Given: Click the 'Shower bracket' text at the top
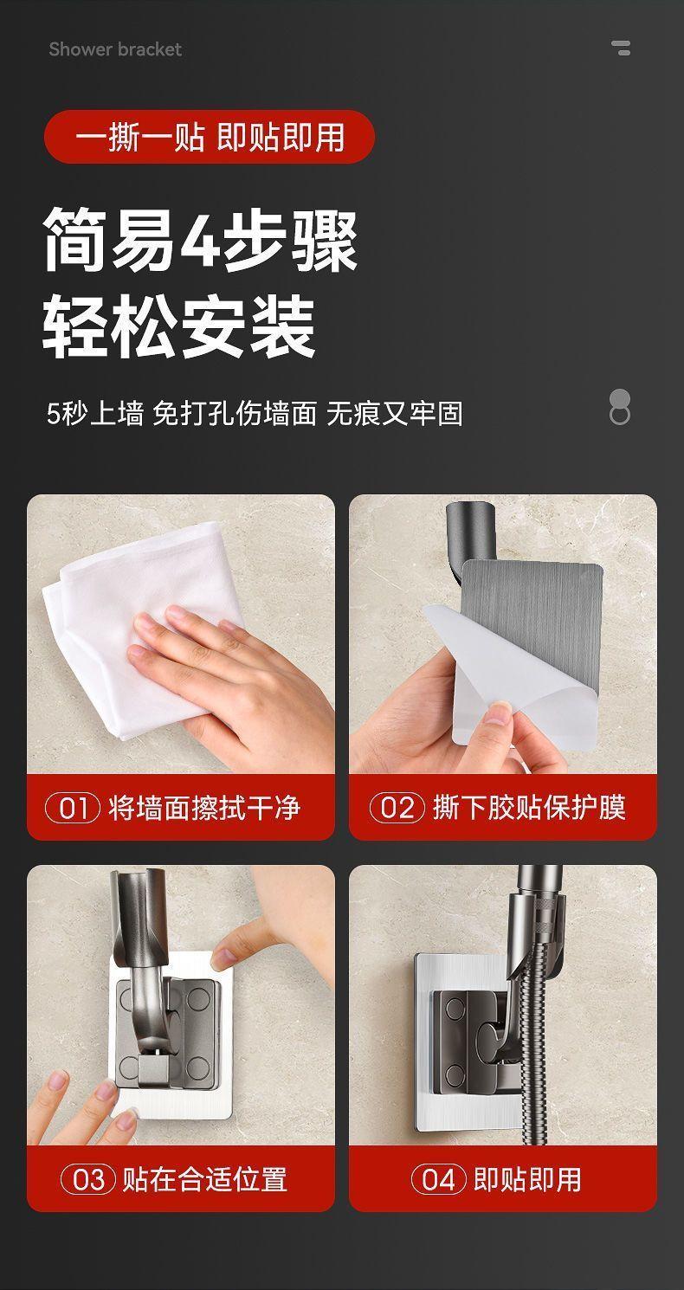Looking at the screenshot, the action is [115, 49].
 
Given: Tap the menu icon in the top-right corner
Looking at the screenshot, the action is [622, 48].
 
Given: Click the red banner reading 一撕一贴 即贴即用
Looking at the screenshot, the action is [210, 137].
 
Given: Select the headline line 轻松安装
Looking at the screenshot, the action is [179, 326].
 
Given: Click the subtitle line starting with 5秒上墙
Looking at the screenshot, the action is [255, 414].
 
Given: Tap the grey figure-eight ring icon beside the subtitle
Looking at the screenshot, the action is [620, 407].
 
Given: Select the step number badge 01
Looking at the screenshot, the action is [73, 808].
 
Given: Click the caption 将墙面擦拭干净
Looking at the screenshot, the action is [204, 808].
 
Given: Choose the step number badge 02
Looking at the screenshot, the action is [397, 808].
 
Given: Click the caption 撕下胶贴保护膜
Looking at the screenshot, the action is [529, 808].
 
